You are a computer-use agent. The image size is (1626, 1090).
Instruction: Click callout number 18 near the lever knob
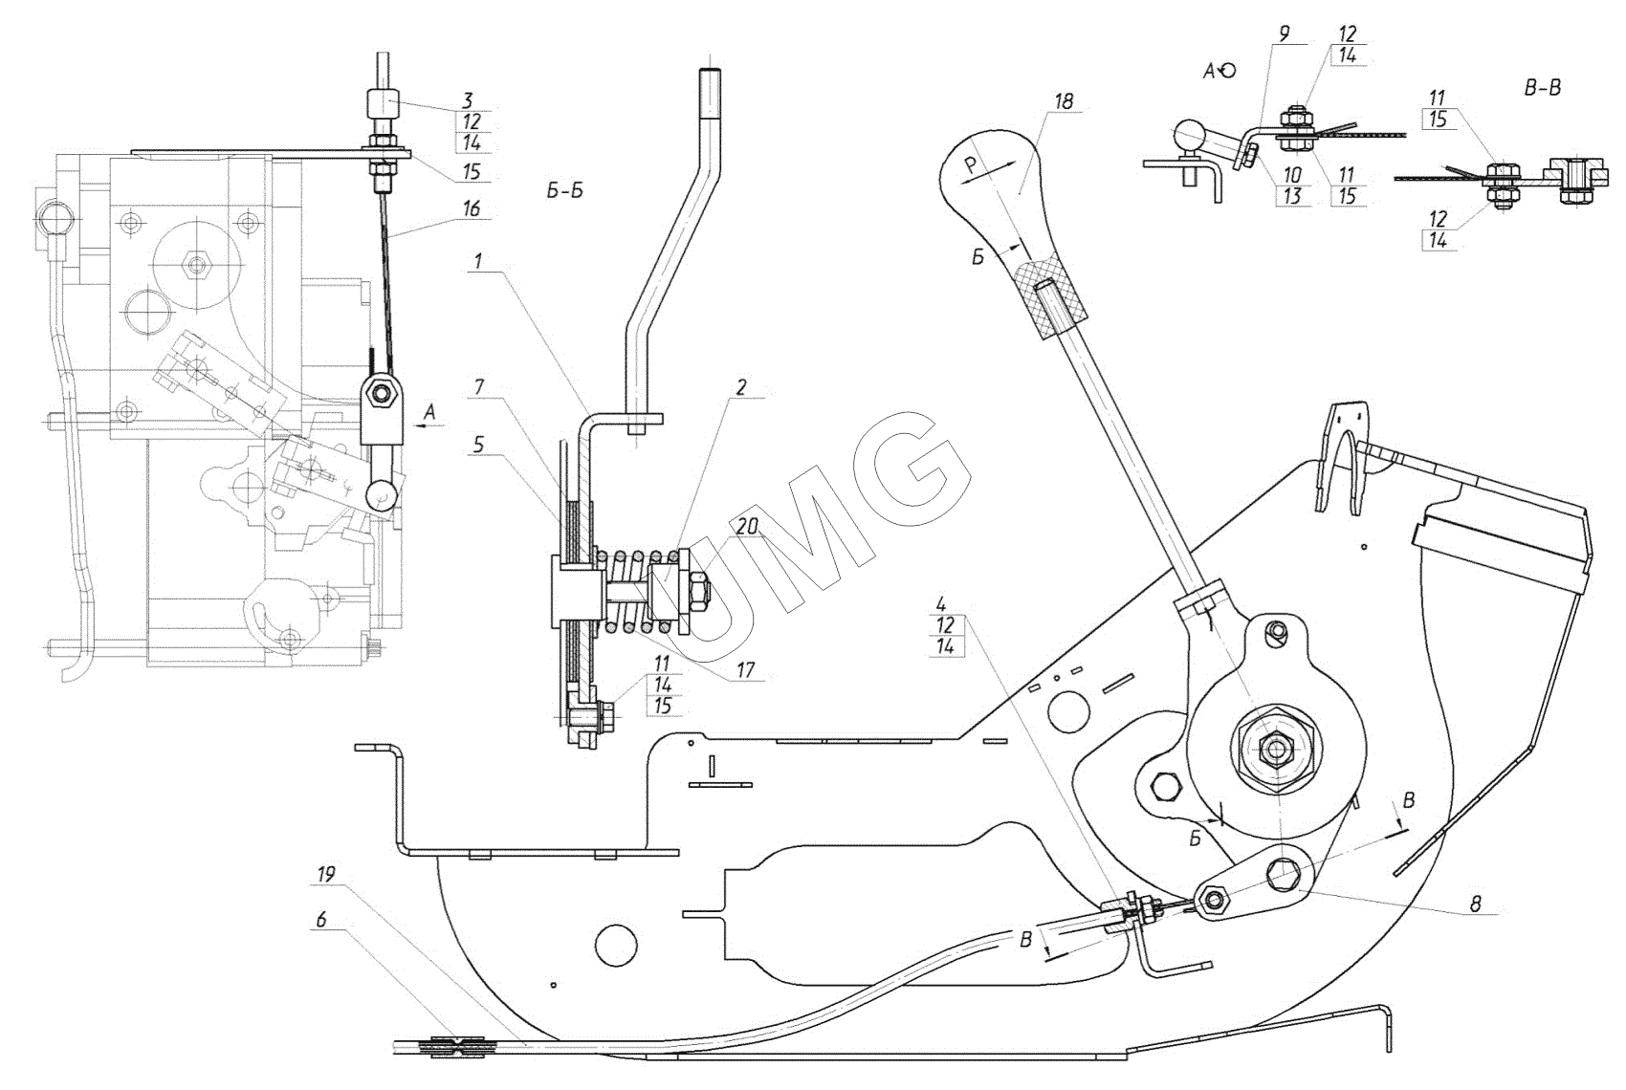(x=1065, y=100)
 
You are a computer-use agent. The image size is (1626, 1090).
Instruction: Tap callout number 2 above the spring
(x=740, y=388)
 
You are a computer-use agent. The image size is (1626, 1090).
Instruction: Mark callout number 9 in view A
(x=1284, y=32)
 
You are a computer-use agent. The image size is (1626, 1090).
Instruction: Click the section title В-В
(x=1541, y=88)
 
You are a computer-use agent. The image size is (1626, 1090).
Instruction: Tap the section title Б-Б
(x=564, y=190)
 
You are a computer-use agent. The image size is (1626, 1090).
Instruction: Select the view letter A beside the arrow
(x=430, y=411)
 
